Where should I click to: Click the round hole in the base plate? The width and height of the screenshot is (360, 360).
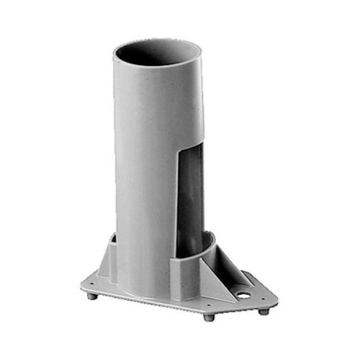[244, 294]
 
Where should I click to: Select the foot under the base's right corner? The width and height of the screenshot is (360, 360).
[263, 311]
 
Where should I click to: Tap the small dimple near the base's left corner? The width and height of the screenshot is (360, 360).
[94, 285]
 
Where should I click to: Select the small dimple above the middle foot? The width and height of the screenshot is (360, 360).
[209, 306]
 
